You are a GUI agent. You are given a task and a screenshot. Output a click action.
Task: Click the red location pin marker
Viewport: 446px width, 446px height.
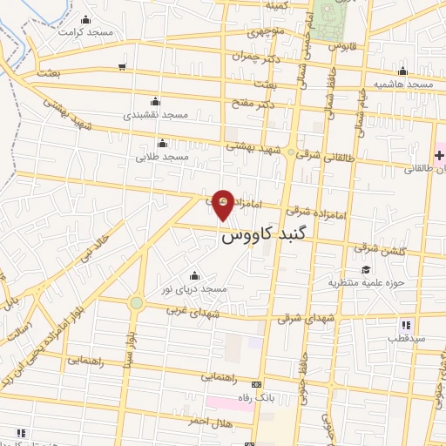click(x=223, y=203)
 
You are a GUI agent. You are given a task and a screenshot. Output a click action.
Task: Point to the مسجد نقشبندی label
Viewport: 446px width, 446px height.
click(x=155, y=114)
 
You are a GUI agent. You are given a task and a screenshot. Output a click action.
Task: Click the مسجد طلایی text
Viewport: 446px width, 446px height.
click(x=161, y=156)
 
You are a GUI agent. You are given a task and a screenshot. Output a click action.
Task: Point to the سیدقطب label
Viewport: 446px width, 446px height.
click(x=407, y=335)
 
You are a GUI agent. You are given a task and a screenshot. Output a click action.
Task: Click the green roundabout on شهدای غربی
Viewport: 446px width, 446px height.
click(x=136, y=303)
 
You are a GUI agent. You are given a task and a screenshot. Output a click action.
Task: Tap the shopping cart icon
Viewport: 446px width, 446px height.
click(x=123, y=67)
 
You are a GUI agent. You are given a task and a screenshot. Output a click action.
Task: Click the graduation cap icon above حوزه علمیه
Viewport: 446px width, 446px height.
click(x=366, y=269)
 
